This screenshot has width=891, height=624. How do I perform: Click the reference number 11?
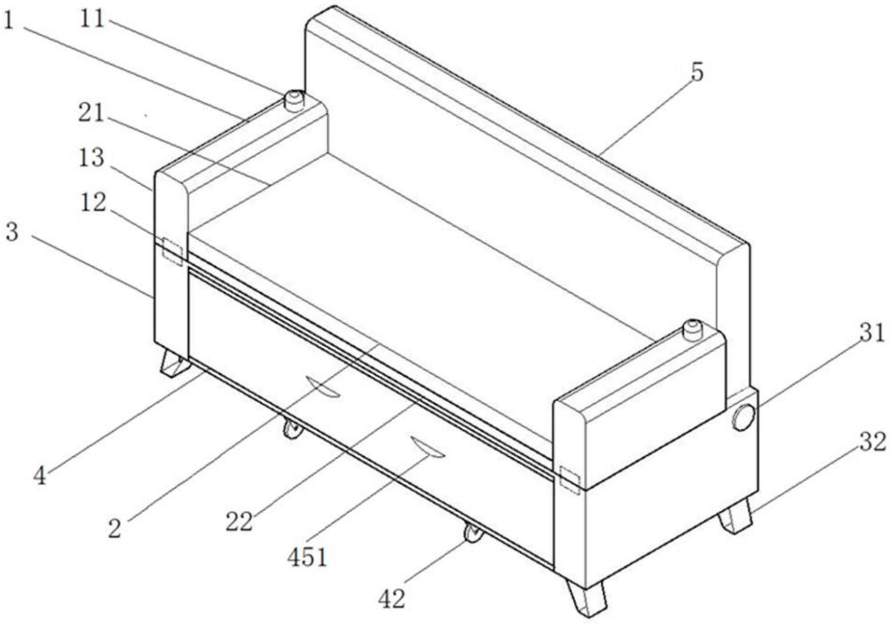pos(92,19)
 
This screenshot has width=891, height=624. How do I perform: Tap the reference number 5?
pos(697,72)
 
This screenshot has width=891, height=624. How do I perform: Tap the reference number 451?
pos(307,557)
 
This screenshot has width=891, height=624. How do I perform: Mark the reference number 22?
pos(239,522)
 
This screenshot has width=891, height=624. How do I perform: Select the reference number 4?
pos(40,476)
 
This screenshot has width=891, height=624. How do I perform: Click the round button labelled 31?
pos(743,417)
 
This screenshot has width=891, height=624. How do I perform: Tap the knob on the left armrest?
pos(294,100)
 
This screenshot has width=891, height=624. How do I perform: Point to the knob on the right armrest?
pos(692,330)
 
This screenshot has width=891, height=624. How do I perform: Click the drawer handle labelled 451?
pos(428,448)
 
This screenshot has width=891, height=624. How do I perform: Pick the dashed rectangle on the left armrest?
pos(173,251)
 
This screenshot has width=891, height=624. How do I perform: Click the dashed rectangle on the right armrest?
pos(570,479)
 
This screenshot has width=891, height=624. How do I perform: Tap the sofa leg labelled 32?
pos(735,517)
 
